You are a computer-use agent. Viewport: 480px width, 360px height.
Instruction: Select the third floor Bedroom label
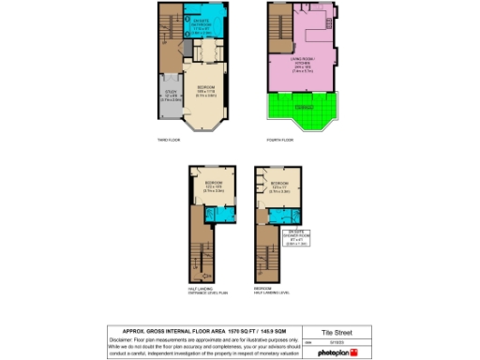point(205,91)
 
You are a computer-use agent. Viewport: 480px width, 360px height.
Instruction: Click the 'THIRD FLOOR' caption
point(170,140)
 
